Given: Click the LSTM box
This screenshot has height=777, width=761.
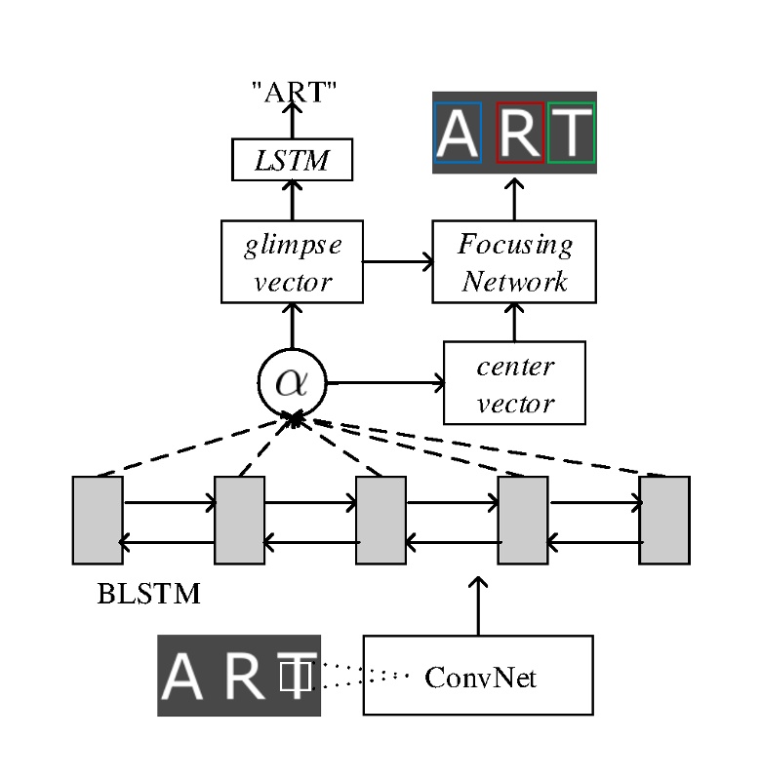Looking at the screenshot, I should click(292, 160).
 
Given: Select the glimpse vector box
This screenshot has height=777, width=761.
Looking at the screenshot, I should click(292, 260).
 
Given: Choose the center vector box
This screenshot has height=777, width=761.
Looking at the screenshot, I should click(514, 382).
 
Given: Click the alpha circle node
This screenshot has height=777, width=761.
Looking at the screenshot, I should click(292, 382).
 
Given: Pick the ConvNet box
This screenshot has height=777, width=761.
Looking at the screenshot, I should click(478, 676).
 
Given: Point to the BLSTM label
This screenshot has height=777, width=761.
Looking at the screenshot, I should click(149, 594).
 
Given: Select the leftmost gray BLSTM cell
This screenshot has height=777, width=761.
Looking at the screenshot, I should click(98, 520).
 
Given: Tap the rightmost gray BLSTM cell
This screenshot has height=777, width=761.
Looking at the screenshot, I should click(664, 520).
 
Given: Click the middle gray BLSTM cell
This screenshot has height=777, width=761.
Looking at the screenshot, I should click(380, 520).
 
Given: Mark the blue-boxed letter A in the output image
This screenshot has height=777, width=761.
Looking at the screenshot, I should click(457, 134).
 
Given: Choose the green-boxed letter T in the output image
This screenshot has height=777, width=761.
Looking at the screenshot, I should click(571, 134).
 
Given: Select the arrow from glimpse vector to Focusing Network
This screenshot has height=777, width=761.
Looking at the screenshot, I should click(398, 261).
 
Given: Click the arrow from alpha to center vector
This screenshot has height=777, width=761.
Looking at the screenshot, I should click(385, 383).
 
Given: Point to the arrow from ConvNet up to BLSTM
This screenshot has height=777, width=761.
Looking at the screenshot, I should click(478, 604).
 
